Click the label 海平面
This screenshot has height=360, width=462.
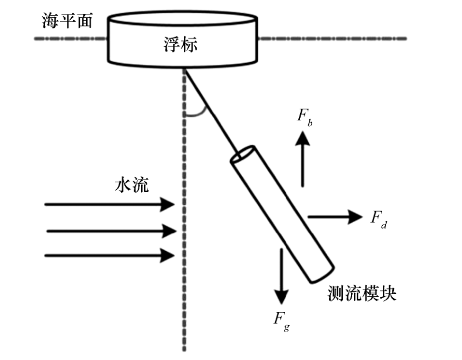pyautogui.click(x=66, y=21)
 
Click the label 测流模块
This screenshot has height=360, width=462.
pyautogui.click(x=362, y=293)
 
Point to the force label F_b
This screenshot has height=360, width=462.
pyautogui.click(x=305, y=115)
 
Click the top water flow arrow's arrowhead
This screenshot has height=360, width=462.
pyautogui.click(x=169, y=204)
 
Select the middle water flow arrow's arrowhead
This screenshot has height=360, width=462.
pyautogui.click(x=169, y=232)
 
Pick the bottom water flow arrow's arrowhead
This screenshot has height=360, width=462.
pyautogui.click(x=169, y=255)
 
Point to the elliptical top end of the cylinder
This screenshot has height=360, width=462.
pyautogui.click(x=242, y=155)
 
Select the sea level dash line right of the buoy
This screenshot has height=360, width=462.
pyautogui.click(x=332, y=39)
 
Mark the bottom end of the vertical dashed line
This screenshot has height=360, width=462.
pyautogui.click(x=184, y=348)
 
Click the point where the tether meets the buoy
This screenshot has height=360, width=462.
pyautogui.click(x=184, y=68)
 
